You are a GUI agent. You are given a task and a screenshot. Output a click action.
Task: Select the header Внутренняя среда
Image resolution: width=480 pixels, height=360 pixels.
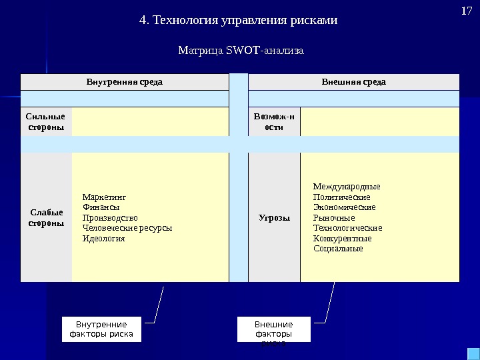(x=125, y=82)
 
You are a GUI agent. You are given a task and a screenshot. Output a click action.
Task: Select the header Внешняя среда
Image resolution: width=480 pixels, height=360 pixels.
(x=353, y=82)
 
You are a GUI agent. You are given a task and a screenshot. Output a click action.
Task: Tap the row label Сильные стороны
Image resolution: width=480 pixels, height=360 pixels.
(x=47, y=121)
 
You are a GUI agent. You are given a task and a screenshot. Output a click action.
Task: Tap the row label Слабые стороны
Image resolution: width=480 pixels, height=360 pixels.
(x=47, y=217)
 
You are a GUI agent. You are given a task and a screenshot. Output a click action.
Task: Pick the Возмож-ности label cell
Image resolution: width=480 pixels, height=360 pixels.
(x=274, y=121)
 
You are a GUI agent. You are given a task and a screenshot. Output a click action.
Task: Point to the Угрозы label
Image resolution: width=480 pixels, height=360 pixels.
(x=274, y=217)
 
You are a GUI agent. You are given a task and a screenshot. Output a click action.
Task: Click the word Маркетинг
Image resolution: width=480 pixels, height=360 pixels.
(x=103, y=197)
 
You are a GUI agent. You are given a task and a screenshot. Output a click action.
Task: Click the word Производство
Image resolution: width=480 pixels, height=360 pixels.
(x=109, y=217)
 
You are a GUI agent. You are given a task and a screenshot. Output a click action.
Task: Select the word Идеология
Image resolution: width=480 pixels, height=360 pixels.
(x=103, y=238)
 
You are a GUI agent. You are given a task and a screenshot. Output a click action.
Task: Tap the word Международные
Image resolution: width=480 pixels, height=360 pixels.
(x=347, y=186)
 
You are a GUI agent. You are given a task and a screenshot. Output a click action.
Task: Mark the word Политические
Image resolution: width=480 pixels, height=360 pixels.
(x=341, y=197)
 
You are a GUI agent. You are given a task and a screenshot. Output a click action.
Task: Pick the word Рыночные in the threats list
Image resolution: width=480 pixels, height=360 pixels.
(x=334, y=217)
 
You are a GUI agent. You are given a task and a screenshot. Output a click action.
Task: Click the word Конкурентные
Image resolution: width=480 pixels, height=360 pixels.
(x=342, y=238)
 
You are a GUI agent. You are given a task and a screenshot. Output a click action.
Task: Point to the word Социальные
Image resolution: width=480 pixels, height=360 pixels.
(x=338, y=249)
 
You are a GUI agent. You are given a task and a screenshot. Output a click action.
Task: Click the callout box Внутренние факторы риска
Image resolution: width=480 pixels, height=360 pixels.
(x=101, y=329)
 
